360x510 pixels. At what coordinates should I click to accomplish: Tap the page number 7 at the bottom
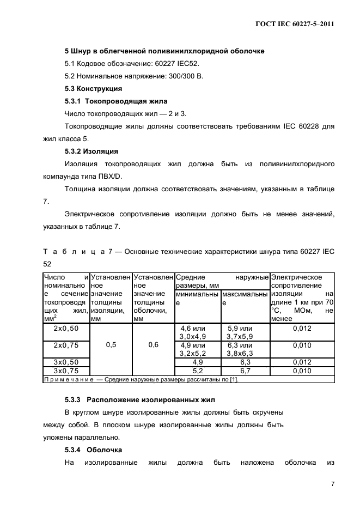pyautogui.click(x=332, y=484)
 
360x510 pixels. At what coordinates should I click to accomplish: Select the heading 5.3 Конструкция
pyautogui.click(x=93, y=88)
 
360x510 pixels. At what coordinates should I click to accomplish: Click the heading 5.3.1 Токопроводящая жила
pyautogui.click(x=116, y=101)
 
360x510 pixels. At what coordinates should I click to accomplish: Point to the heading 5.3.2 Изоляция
pyautogui.click(x=91, y=151)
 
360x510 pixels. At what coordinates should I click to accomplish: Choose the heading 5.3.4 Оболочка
pyautogui.click(x=93, y=450)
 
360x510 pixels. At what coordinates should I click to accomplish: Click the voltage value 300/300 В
pyautogui.click(x=185, y=76)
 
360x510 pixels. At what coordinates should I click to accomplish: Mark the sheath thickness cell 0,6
pyautogui.click(x=153, y=345)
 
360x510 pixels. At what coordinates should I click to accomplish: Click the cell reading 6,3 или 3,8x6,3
pyautogui.click(x=240, y=349)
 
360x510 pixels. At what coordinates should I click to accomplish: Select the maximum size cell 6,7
pyautogui.click(x=240, y=371)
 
